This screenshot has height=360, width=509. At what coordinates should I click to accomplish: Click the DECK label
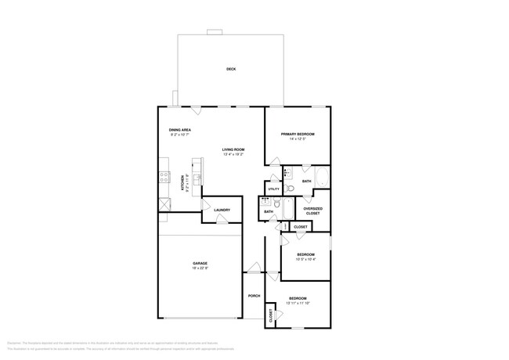click(231, 69)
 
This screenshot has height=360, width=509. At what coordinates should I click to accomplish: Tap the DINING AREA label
click(180, 130)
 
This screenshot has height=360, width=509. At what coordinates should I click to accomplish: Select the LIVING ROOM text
click(233, 149)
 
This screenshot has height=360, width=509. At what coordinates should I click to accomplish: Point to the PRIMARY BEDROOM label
click(297, 134)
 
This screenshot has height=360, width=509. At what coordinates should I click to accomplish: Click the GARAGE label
click(200, 262)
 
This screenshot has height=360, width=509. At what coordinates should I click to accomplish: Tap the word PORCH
click(254, 296)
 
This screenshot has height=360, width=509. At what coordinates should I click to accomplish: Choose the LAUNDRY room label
click(221, 210)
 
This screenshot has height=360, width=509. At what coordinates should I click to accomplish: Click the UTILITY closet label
click(273, 189)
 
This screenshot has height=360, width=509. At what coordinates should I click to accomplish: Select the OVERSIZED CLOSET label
click(312, 211)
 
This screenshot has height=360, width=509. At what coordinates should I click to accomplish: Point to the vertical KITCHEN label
click(183, 183)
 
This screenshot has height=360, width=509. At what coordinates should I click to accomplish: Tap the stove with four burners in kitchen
click(164, 178)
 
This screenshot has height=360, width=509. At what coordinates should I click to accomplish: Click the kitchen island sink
click(197, 180)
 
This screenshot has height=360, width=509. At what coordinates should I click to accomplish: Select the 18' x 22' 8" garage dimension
click(200, 268)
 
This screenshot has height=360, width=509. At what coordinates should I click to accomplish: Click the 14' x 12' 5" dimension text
click(297, 139)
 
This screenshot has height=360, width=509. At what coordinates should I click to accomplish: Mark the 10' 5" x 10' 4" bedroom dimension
click(305, 259)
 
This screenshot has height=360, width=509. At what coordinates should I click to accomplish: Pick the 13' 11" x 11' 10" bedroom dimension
click(298, 303)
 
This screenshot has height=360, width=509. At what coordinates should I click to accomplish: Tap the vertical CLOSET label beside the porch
click(271, 315)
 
